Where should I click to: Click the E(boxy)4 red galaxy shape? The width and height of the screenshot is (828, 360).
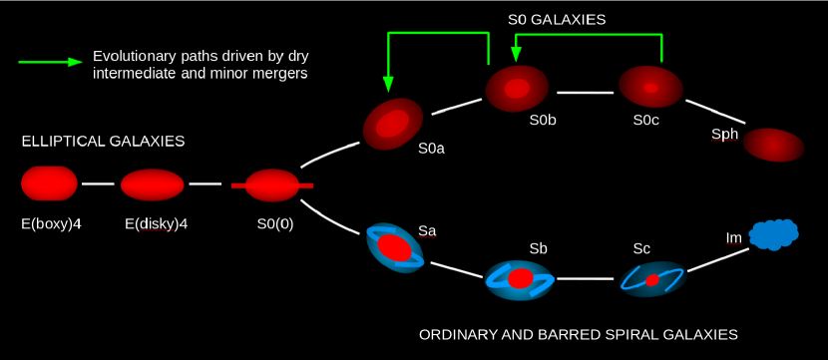(x=49, y=183)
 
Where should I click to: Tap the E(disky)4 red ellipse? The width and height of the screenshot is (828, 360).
(x=153, y=184)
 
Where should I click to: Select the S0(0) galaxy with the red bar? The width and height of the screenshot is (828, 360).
(x=272, y=185)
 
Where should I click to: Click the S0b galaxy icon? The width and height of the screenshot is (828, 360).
(x=517, y=89)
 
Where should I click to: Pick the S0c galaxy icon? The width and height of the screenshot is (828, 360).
(x=650, y=88)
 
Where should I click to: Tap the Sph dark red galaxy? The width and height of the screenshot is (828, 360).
(x=773, y=145)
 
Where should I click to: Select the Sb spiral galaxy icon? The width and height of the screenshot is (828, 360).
(x=520, y=279)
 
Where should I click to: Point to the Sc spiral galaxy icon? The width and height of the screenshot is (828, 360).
(x=652, y=280)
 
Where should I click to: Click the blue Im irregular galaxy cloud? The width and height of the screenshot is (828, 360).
(x=774, y=234)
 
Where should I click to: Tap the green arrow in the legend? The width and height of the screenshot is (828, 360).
(x=49, y=62)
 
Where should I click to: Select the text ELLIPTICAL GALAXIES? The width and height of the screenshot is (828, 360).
(x=103, y=142)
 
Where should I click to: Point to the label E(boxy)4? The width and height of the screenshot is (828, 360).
(x=51, y=223)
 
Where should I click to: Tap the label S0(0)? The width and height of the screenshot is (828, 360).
(x=274, y=223)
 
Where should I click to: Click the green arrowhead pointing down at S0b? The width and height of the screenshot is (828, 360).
(x=517, y=54)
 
